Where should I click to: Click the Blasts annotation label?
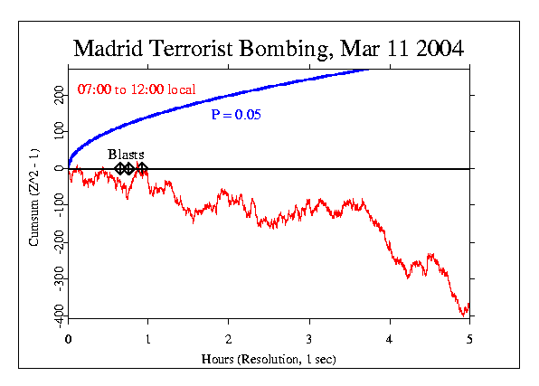click(126, 155)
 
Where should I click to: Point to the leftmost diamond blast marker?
click(120, 169)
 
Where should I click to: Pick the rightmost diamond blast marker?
click(142, 169)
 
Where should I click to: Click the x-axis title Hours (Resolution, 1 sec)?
click(269, 358)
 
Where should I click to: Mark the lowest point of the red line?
click(464, 315)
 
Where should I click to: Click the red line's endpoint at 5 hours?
click(469, 305)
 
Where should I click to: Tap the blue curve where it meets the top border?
click(366, 69)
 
